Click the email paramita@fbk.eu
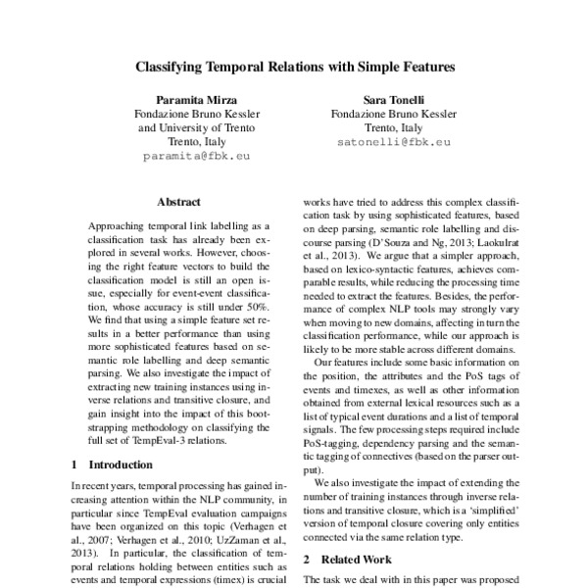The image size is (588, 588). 196,156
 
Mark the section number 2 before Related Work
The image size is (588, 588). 307,559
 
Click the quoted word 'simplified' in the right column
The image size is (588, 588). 487,511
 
